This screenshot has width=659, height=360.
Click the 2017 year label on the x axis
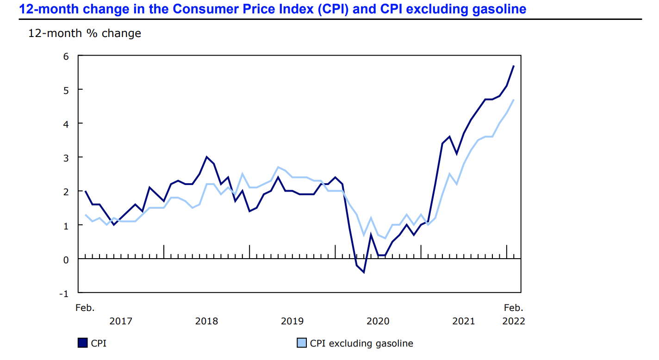[x=121, y=321]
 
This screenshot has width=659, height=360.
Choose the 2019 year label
[x=292, y=321]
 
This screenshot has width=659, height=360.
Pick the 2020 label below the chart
[x=378, y=321]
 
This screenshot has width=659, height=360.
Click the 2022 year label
[x=514, y=321]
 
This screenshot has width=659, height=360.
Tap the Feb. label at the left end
[x=85, y=308]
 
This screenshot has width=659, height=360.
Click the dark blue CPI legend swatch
[x=82, y=343]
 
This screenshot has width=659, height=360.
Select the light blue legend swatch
[x=301, y=343]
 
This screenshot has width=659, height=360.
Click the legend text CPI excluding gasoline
[x=361, y=343]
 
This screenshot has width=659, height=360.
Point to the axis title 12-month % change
[x=85, y=33]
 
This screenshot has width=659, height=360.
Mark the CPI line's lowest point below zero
[x=364, y=273]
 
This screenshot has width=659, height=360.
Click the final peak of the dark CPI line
[x=514, y=66]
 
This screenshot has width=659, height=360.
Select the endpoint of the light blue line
[x=514, y=99]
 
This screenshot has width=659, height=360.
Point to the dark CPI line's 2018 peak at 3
[x=206, y=157]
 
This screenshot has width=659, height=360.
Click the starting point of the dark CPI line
[x=85, y=191]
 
